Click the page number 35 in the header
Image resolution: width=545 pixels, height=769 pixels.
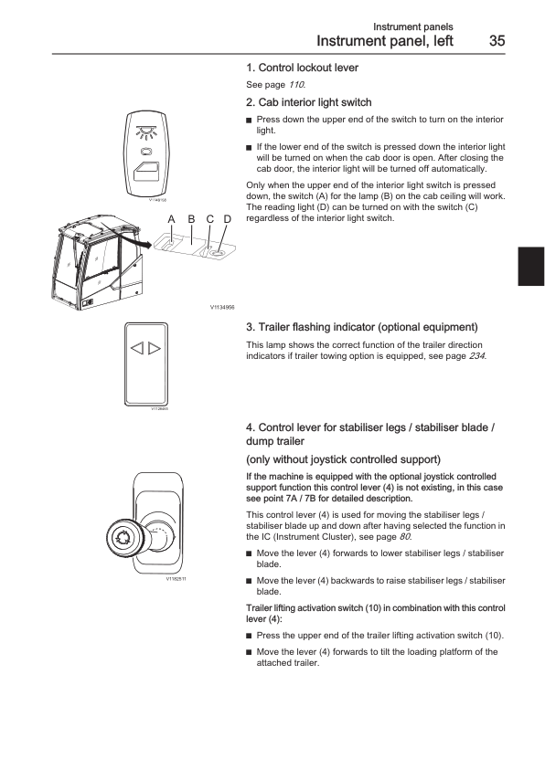(x=497, y=41)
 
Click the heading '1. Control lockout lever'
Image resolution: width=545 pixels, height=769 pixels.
(x=302, y=68)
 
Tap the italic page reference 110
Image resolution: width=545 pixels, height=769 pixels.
(x=296, y=84)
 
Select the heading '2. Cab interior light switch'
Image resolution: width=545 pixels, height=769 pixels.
(x=308, y=102)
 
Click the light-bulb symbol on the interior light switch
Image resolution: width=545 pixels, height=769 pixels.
(x=145, y=132)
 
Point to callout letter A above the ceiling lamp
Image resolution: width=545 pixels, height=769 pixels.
(x=171, y=219)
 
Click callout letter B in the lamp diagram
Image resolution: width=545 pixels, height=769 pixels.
(x=191, y=219)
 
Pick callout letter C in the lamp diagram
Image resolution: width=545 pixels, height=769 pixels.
(x=209, y=219)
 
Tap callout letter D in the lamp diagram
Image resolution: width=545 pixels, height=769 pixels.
(x=228, y=219)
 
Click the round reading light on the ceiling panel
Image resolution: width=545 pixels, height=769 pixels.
(x=217, y=254)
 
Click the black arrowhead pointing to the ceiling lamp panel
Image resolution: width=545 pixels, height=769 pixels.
(x=145, y=243)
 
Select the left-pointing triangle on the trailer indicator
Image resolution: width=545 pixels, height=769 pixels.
(x=137, y=348)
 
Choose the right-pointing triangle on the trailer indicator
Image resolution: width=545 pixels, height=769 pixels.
(x=155, y=348)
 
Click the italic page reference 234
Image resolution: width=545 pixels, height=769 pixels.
(x=476, y=356)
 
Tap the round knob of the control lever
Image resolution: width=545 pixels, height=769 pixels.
(x=121, y=539)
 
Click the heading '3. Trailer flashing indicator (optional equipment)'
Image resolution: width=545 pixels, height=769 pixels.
(x=362, y=327)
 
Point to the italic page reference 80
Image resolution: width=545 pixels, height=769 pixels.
(x=404, y=536)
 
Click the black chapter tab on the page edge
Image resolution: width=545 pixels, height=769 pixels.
(x=531, y=267)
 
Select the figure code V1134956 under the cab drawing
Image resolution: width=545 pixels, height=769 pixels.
(x=222, y=308)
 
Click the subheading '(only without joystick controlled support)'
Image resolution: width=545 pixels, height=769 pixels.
(x=343, y=459)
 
